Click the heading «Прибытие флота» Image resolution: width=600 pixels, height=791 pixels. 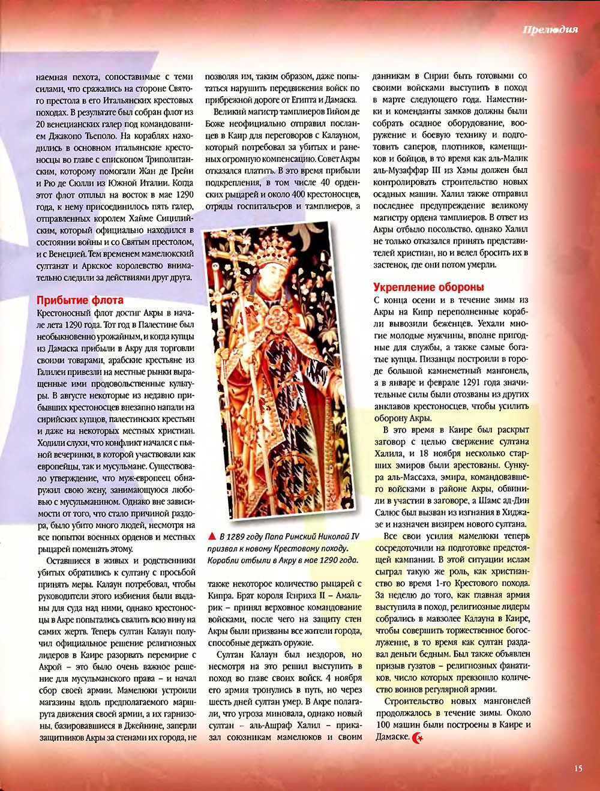[80, 300]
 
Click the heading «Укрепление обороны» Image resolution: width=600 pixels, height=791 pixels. [428, 287]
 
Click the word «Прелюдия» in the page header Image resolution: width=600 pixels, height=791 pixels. [550, 30]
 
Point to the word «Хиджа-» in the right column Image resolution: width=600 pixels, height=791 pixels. [514, 512]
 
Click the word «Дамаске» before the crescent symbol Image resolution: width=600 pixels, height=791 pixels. [392, 737]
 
